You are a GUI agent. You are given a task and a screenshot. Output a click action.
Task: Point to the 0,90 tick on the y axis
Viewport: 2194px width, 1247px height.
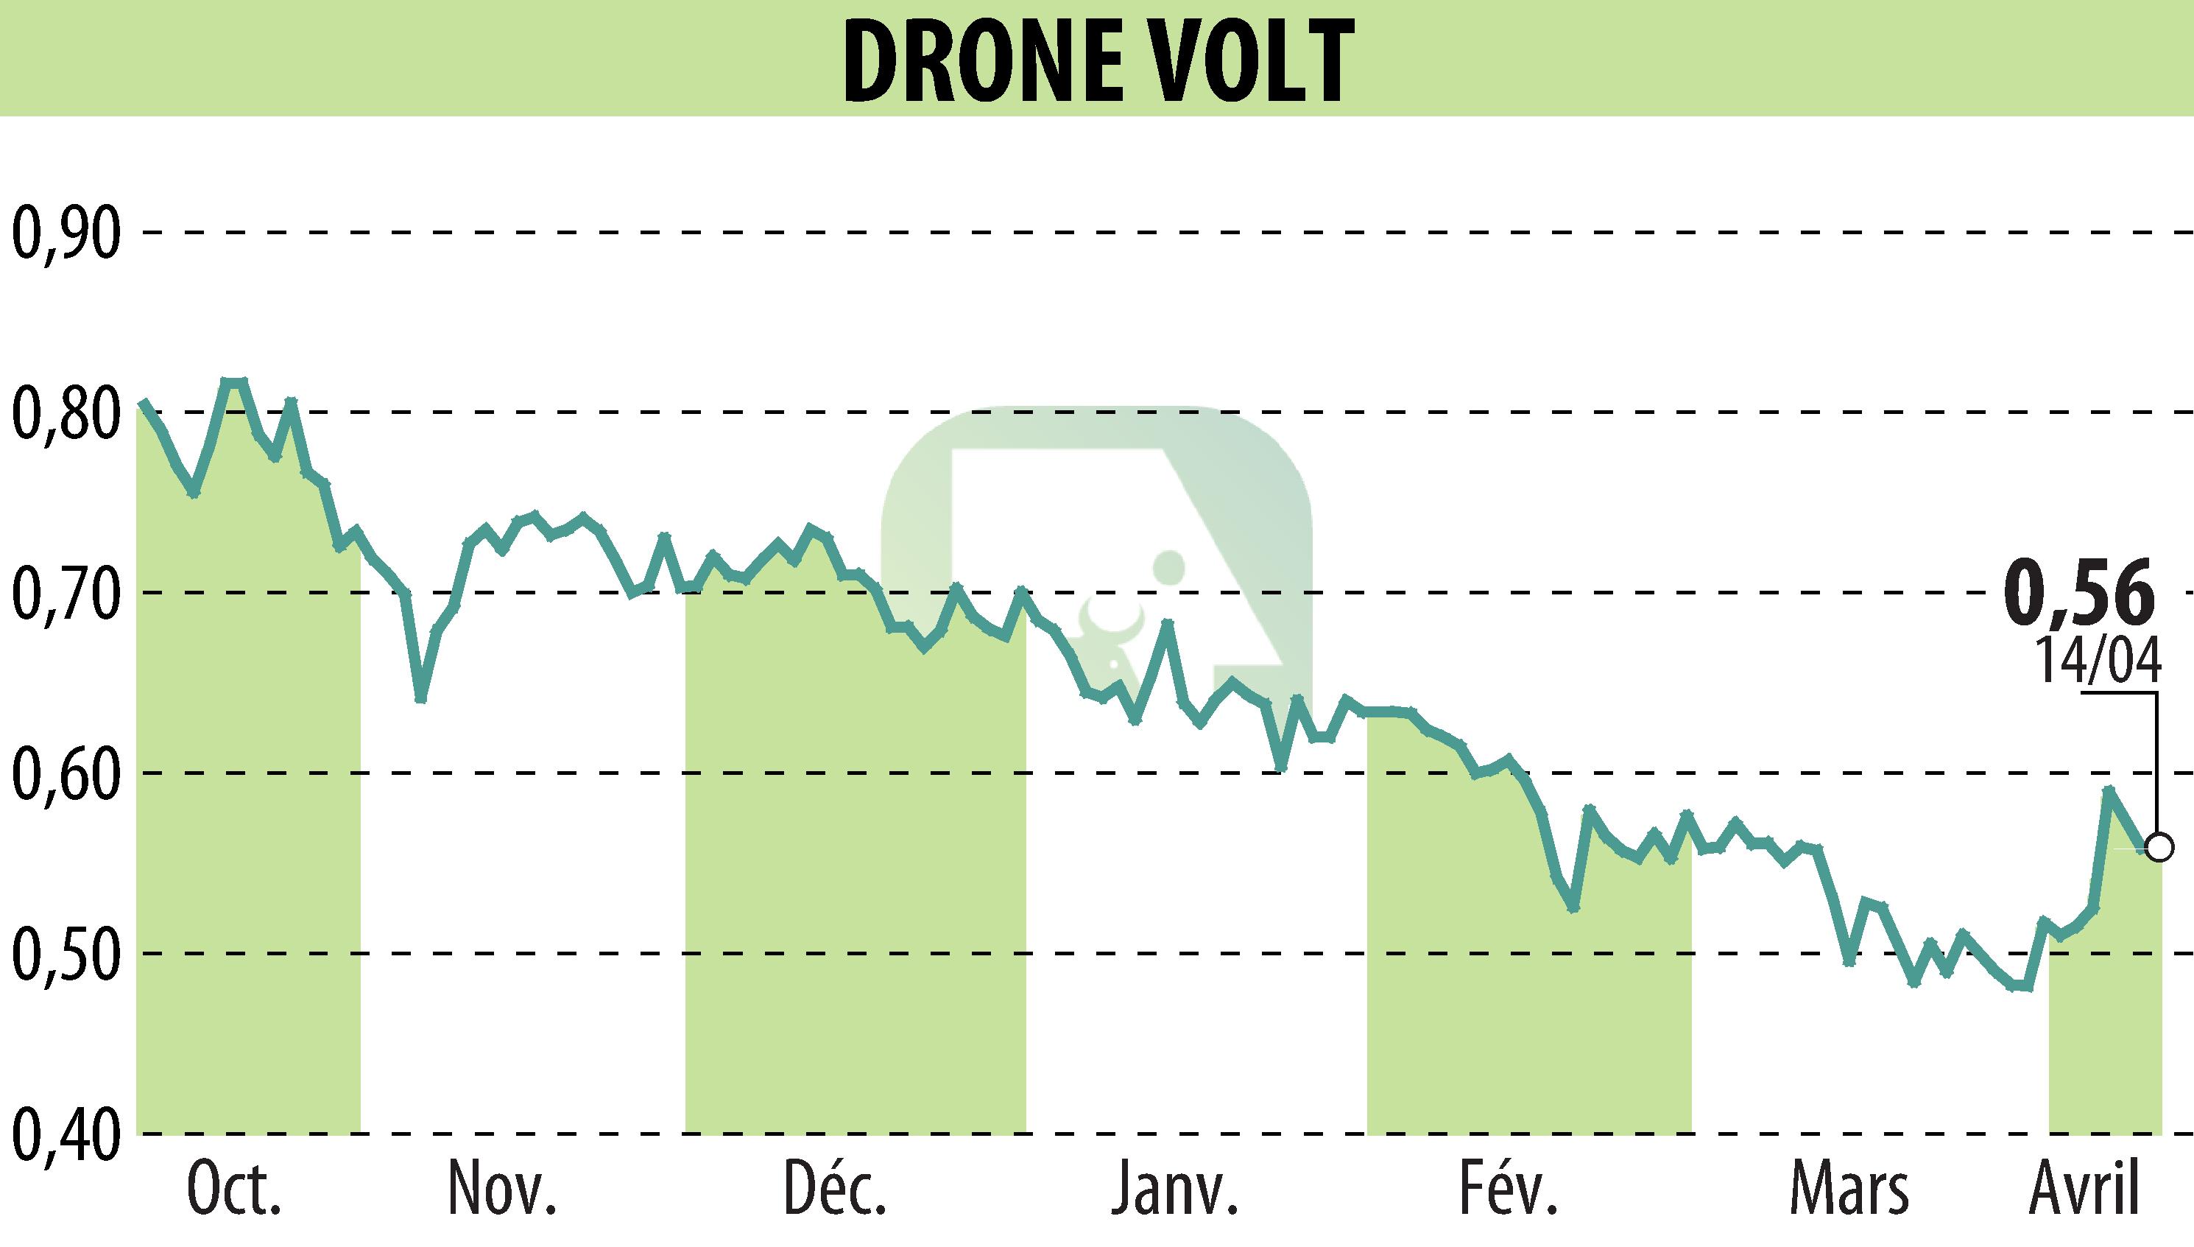[65, 233]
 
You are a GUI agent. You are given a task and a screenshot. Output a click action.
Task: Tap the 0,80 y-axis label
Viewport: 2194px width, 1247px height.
[65, 412]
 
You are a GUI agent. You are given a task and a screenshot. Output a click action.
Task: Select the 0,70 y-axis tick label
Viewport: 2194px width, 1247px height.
[65, 593]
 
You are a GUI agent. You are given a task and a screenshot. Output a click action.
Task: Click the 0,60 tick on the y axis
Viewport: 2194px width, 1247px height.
[65, 773]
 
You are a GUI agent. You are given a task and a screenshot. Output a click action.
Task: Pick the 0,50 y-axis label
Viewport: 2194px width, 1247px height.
[65, 953]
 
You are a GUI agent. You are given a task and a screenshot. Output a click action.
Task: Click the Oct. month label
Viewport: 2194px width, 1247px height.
[233, 1190]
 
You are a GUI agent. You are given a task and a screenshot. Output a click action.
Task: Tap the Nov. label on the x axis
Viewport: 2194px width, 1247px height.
[503, 1190]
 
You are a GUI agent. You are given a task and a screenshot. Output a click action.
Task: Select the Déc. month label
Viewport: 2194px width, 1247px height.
[835, 1188]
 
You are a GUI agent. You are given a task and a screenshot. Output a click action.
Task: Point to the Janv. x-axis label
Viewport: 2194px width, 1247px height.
[1174, 1190]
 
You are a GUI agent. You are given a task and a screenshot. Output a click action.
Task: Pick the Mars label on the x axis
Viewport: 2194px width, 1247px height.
[1849, 1190]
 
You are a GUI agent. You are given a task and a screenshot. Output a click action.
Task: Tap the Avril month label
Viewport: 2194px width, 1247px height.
[2084, 1190]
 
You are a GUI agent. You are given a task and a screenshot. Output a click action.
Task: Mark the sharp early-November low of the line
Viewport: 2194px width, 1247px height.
[420, 699]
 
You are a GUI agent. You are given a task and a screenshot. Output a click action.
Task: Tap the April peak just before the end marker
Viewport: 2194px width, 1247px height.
[2109, 790]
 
